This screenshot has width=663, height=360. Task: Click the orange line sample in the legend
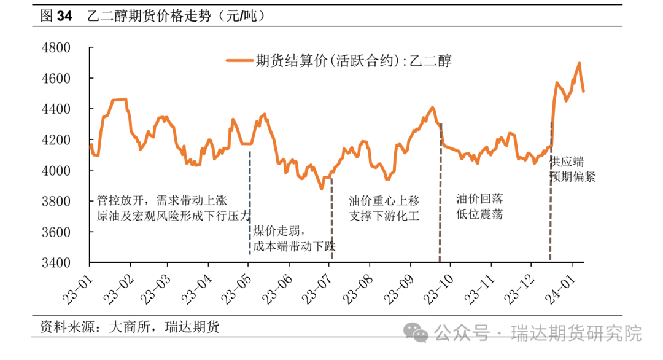[x=240, y=60]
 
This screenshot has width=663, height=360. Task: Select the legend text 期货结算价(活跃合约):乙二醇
[x=354, y=60]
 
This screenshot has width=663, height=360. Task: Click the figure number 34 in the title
[x=65, y=17]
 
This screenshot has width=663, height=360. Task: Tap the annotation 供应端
[x=567, y=162]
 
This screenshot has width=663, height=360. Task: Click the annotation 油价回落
[x=479, y=199]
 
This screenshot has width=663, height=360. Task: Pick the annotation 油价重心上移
[x=384, y=200]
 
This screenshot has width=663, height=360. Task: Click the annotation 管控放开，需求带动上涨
[x=162, y=200]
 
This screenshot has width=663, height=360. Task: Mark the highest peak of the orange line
[x=579, y=63]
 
